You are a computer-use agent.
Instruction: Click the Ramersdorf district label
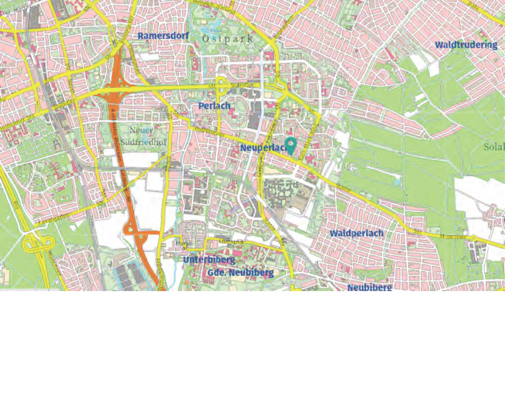click(x=163, y=36)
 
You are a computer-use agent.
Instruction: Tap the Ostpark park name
click(x=228, y=39)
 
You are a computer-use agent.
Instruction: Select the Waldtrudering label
click(x=466, y=45)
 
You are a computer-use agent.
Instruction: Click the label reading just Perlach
click(x=214, y=106)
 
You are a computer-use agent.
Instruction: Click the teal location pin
click(x=290, y=145)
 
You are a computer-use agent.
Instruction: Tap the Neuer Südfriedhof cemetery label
click(x=143, y=136)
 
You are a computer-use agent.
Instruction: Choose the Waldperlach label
click(x=356, y=233)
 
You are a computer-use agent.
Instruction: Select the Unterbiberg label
click(x=209, y=260)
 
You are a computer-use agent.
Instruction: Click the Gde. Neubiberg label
click(x=241, y=273)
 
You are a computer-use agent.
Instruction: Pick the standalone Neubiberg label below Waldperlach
click(x=369, y=287)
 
